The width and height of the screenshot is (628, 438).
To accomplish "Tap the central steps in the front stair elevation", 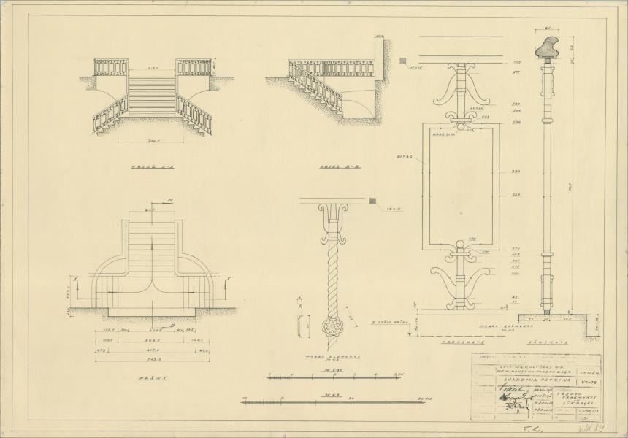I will pyautogui.click(x=151, y=96).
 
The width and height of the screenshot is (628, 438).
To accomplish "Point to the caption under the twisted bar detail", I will pyautogui.click(x=325, y=358).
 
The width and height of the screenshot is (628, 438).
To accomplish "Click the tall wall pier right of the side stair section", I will pyautogui.click(x=379, y=77).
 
